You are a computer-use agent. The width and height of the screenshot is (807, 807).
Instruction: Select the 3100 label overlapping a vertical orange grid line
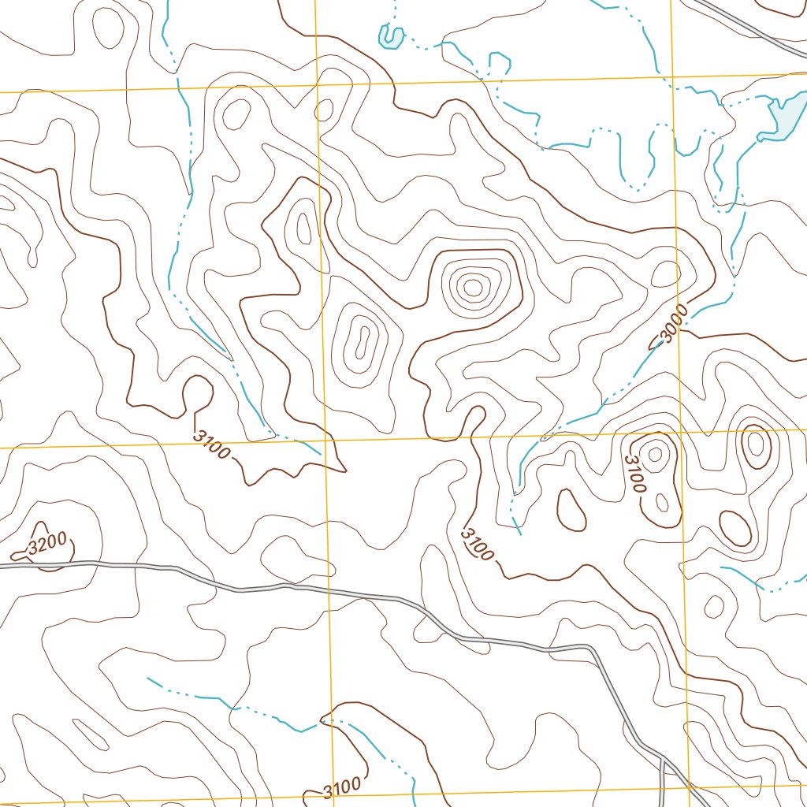pyautogui.click(x=341, y=786)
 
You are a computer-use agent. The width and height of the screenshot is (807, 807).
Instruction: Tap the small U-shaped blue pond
pyautogui.click(x=390, y=35)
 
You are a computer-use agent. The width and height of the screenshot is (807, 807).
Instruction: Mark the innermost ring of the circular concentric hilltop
pyautogui.click(x=472, y=288)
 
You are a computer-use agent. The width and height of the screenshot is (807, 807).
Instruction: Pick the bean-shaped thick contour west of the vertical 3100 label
pyautogui.click(x=571, y=509)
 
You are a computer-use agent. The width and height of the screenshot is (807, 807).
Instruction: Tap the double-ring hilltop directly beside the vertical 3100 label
pyautogui.click(x=654, y=453)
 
